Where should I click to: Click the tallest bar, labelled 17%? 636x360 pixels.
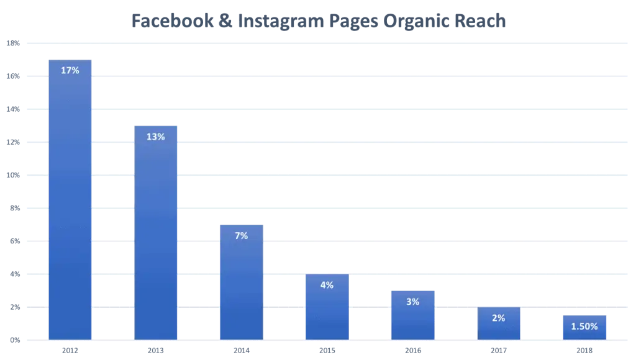(x=71, y=205)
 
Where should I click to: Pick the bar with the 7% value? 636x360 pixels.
(x=241, y=286)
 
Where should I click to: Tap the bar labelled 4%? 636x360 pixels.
(x=327, y=310)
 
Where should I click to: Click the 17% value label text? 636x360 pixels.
(x=70, y=71)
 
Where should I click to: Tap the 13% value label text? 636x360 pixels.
(x=156, y=137)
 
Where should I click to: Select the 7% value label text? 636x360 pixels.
(x=241, y=236)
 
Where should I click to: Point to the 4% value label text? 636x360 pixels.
(x=327, y=286)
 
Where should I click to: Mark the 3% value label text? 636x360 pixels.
(x=412, y=302)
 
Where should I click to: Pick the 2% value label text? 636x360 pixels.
(x=498, y=318)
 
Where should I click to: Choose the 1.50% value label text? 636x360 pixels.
(x=584, y=326)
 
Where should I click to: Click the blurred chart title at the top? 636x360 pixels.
(x=317, y=20)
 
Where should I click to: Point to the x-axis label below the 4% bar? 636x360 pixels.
(x=327, y=351)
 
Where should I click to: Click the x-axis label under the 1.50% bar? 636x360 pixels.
(x=584, y=351)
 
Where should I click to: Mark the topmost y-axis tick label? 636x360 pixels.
(x=13, y=44)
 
